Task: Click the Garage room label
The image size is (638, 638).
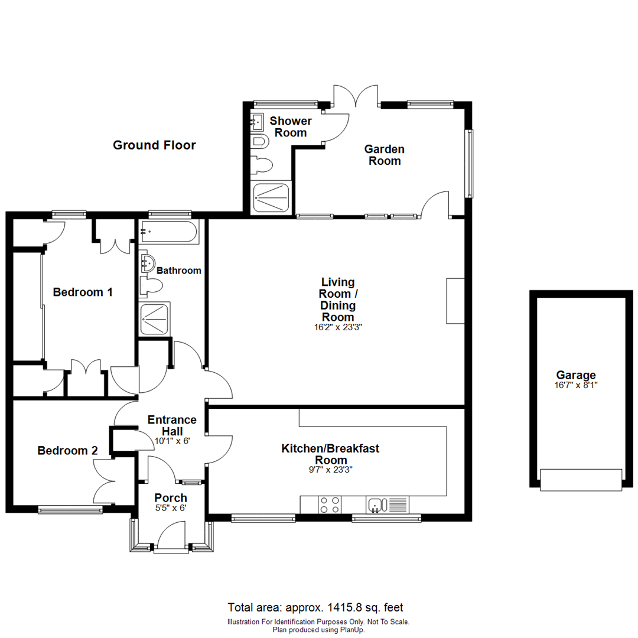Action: coord(576,375)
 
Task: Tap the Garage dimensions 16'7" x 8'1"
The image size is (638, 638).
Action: coord(576,385)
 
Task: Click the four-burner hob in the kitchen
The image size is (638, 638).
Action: coord(329,504)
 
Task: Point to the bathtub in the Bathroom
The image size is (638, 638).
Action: coord(170,232)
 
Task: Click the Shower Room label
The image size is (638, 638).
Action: coord(291,127)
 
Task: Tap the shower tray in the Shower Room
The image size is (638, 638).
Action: coord(272,197)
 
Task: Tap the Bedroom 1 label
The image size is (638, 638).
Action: coord(83,292)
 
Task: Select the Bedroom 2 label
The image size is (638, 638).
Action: coord(67,451)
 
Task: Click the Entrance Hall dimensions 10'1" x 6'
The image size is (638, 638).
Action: coord(171,441)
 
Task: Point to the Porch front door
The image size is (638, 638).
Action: coord(171,539)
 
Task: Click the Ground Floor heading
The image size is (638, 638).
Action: coord(154,145)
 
